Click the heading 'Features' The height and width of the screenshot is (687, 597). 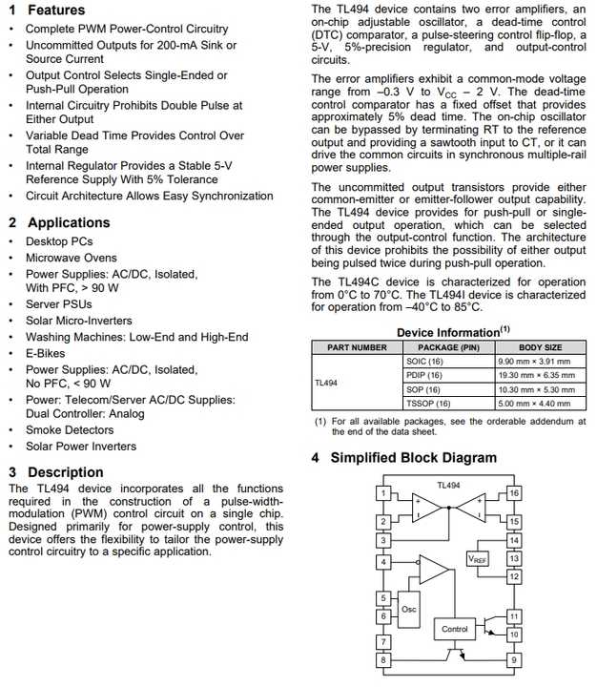(x=55, y=10)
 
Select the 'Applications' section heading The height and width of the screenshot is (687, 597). (x=69, y=222)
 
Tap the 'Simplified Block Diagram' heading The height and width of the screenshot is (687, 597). (x=413, y=458)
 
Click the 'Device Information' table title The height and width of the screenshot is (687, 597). (x=448, y=332)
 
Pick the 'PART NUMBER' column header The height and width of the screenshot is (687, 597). (x=357, y=347)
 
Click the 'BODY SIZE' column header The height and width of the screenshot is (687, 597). (x=540, y=347)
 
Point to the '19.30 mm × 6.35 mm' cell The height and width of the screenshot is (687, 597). (x=536, y=376)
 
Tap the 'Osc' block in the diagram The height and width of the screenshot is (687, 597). (x=408, y=609)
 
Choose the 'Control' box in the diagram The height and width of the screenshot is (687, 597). (x=454, y=629)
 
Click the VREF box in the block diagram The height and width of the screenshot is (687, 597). (x=477, y=559)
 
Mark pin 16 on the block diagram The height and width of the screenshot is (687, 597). (x=514, y=493)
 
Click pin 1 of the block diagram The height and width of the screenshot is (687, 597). (x=382, y=493)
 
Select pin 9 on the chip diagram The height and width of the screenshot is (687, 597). (x=514, y=659)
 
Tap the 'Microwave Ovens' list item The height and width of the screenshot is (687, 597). (x=72, y=258)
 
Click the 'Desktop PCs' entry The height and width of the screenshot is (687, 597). (x=59, y=241)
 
